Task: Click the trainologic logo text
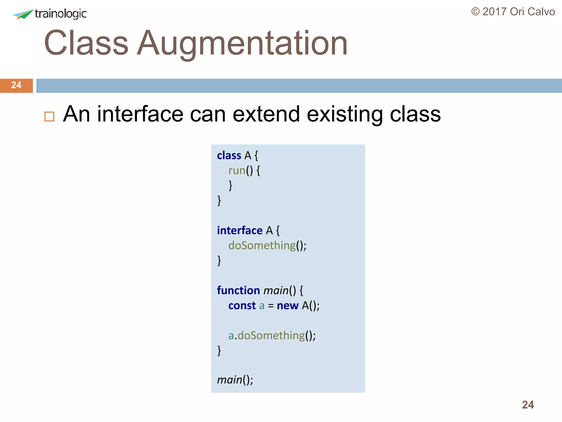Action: click(60, 14)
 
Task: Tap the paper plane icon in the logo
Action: click(23, 14)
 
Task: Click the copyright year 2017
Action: click(494, 12)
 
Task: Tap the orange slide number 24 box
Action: click(16, 85)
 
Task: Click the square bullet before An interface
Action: click(49, 116)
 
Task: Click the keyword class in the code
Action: click(229, 156)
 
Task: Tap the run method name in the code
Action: click(237, 171)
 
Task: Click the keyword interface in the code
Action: click(240, 230)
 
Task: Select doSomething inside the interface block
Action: click(262, 245)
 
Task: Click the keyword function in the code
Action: click(238, 290)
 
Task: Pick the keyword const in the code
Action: click(242, 306)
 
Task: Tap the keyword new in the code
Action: click(287, 306)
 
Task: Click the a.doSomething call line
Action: click(272, 335)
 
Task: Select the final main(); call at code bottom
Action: click(235, 380)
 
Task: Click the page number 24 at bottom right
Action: click(528, 405)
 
